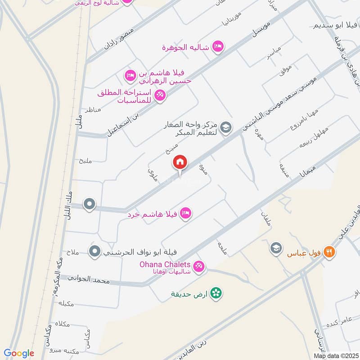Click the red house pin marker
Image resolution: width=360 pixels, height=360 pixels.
(180, 162)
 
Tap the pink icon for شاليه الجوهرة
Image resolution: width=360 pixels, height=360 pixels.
(218, 47)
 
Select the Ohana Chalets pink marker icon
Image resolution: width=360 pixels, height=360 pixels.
(199, 267)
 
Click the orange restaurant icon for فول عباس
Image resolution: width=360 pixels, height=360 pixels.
(330, 252)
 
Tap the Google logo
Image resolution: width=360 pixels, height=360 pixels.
(18, 353)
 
